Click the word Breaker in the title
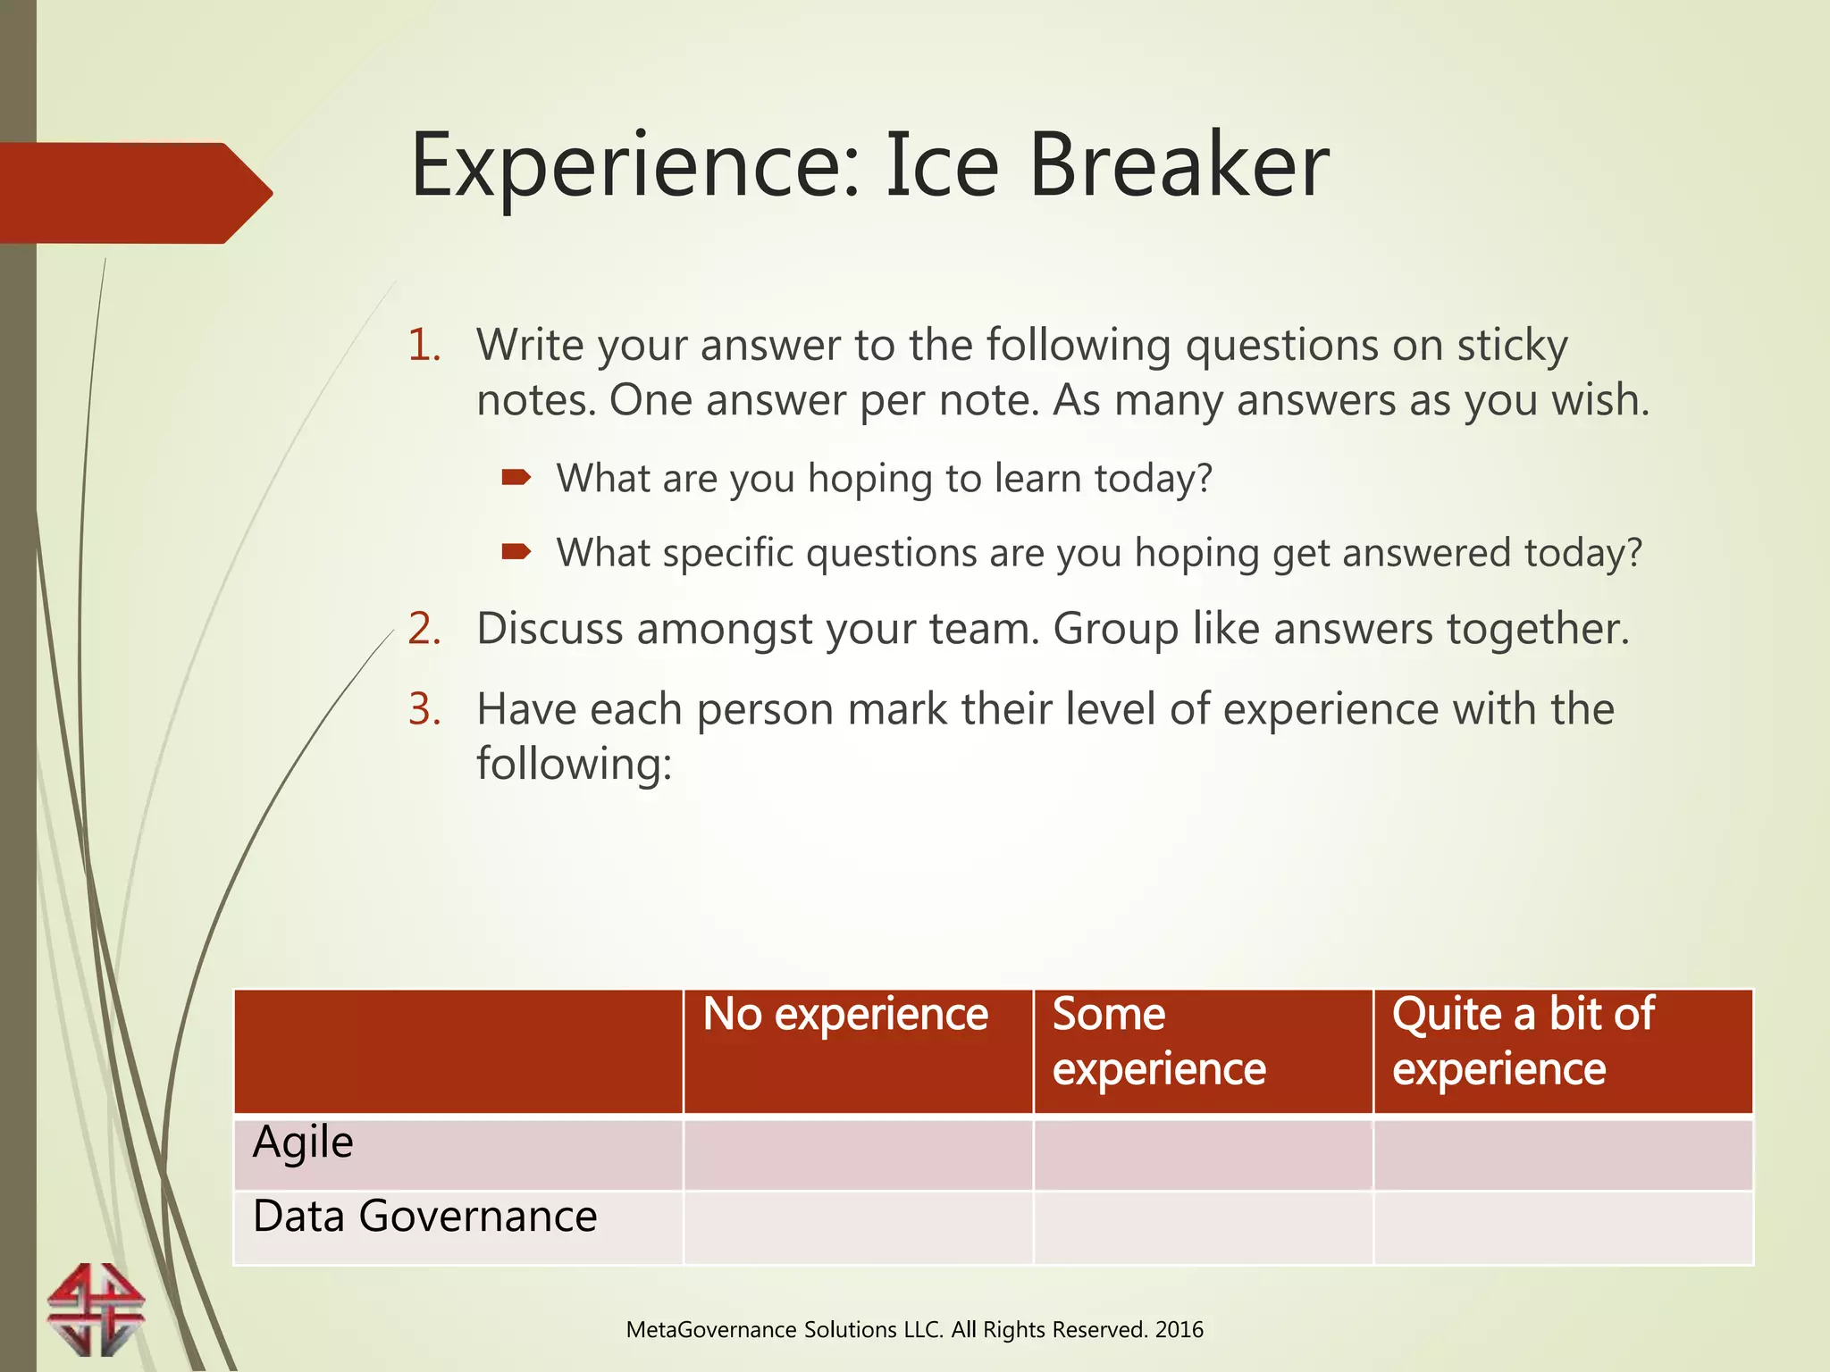(1179, 167)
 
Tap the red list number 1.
(424, 346)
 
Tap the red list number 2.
(424, 629)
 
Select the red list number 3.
(424, 709)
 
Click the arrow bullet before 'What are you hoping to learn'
(516, 478)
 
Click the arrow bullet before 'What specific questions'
(516, 552)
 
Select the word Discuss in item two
(550, 629)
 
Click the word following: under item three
(574, 765)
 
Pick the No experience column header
(845, 1015)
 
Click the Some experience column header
(1159, 1042)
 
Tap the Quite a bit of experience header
(1523, 1042)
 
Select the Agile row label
(303, 1143)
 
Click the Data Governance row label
(424, 1217)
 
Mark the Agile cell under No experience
(858, 1153)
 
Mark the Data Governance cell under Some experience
(1203, 1227)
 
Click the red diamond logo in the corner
(96, 1309)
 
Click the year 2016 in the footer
(1179, 1330)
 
